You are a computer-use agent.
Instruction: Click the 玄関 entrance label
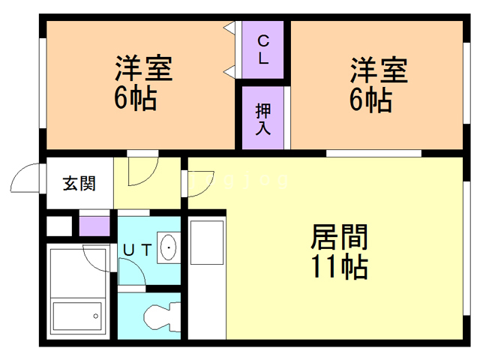point(78,183)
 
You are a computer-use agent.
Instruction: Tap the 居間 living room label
point(339,239)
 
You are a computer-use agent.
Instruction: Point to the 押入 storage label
point(263,119)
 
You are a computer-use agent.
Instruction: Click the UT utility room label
point(138,250)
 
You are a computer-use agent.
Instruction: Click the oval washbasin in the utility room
point(169,247)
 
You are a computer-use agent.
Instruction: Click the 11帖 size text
point(339,266)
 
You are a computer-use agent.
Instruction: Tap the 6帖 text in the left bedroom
point(136,98)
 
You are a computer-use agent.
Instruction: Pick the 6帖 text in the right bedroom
point(370,98)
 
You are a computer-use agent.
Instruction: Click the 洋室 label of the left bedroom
point(143,70)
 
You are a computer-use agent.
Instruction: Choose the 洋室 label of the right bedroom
point(379,70)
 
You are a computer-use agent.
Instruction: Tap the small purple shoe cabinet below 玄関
point(94,226)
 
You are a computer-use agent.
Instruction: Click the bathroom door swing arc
point(98,259)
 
